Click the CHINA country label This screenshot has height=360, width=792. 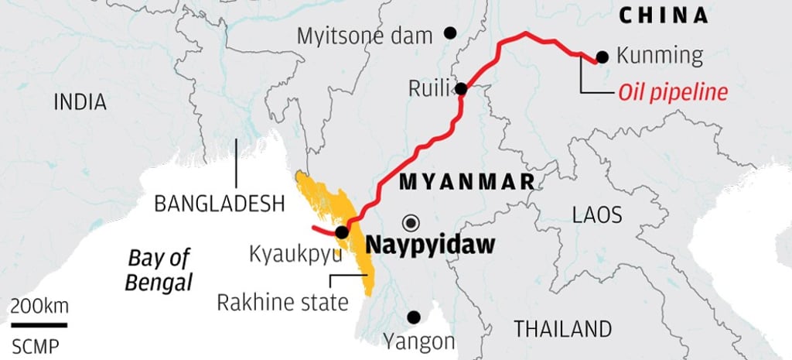point(664,15)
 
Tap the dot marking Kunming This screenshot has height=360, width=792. point(603,57)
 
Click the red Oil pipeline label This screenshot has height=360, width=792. point(673,93)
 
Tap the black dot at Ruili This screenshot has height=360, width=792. point(461,89)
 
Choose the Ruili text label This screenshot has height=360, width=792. point(428,89)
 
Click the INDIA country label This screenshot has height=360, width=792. point(80,102)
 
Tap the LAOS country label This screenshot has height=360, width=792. point(597,214)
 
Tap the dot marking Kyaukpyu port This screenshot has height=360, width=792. point(341,231)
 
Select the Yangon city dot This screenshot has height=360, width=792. point(415,317)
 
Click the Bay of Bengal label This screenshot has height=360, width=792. point(159,269)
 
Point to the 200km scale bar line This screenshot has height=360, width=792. point(39,324)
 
